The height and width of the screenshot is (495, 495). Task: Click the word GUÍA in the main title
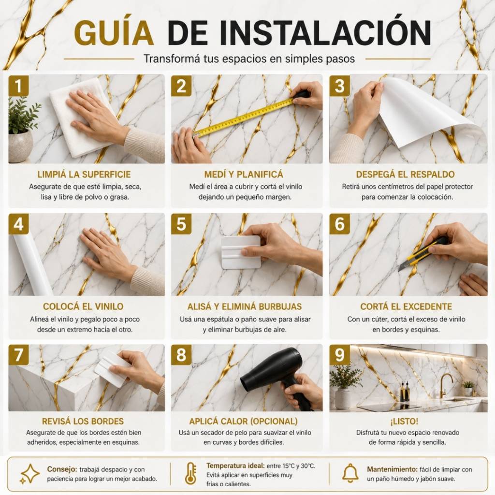(x=114, y=32)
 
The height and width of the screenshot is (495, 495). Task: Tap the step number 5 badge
(x=181, y=224)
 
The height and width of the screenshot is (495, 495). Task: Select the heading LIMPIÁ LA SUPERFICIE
(x=84, y=174)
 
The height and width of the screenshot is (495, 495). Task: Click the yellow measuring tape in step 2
(x=244, y=118)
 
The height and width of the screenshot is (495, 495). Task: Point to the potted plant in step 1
(x=23, y=130)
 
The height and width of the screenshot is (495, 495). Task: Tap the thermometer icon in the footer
(x=191, y=474)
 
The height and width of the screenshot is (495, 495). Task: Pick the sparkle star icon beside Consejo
(x=29, y=474)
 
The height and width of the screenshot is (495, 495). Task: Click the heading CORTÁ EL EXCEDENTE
(x=406, y=306)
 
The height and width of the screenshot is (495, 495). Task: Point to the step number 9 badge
(x=340, y=354)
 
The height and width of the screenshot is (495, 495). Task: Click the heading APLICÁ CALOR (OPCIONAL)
(x=244, y=421)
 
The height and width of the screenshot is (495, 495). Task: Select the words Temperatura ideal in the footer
(x=235, y=466)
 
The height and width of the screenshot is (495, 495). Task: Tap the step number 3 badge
(x=340, y=86)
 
